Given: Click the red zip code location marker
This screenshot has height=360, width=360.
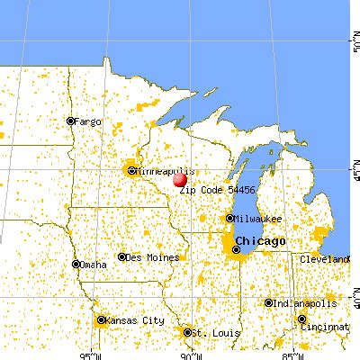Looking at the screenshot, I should (180, 180).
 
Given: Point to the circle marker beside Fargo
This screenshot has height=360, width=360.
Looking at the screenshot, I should (69, 121).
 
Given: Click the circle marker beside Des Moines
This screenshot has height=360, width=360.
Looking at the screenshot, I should (122, 256).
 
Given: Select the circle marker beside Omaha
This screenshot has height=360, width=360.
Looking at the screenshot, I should (76, 265).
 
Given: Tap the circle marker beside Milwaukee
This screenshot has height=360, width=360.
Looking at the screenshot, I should (230, 218).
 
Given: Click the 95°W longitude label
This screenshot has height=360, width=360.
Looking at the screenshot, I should (86, 354).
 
